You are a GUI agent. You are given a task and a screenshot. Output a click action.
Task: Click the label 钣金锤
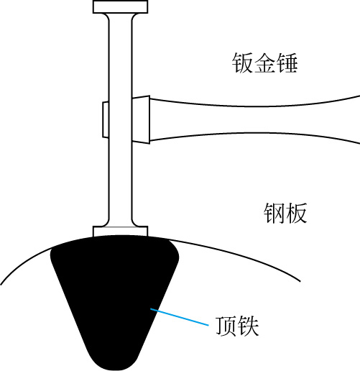[264, 63]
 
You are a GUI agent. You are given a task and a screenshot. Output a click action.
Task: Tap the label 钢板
[285, 213]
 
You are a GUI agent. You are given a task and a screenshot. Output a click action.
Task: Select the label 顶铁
[237, 326]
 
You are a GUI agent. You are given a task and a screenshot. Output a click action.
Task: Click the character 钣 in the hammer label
[242, 63]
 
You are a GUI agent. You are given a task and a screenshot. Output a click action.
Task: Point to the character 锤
[287, 63]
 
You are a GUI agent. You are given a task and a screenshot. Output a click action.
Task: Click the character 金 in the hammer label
[264, 63]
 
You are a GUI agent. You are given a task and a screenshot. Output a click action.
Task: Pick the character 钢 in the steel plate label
[274, 213]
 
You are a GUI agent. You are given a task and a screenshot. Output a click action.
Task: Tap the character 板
[297, 213]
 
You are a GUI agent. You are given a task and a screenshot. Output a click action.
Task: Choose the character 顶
[226, 326]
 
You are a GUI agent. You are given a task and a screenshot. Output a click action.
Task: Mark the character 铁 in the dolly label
[249, 326]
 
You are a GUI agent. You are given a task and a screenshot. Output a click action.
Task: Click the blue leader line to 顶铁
[180, 317]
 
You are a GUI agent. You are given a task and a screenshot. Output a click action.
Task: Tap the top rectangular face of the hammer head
[120, 7]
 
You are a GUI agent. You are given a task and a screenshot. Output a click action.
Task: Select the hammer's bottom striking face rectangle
[120, 232]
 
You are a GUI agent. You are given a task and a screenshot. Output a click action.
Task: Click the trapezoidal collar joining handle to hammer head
[141, 119]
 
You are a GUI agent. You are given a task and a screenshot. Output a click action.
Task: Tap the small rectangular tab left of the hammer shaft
[106, 120]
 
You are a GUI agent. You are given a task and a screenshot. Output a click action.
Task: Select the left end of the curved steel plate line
[1, 285]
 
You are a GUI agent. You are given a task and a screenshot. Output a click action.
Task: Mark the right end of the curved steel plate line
[300, 281]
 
